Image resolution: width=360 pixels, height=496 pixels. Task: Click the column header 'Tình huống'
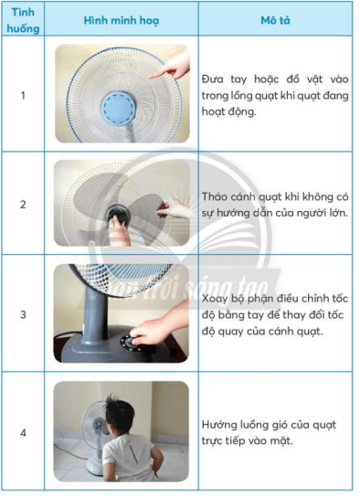pos(23,18)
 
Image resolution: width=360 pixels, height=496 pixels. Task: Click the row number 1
pos(23,95)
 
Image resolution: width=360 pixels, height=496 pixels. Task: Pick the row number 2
pos(23,204)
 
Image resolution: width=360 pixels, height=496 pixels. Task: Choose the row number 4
pos(23,430)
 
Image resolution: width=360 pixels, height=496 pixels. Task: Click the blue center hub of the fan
pos(116,107)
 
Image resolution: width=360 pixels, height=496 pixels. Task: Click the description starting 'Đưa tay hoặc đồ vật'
pos(274,95)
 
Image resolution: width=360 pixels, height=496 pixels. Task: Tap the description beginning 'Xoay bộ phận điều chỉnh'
pos(274,313)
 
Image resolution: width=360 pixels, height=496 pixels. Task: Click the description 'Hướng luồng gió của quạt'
pos(274,430)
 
